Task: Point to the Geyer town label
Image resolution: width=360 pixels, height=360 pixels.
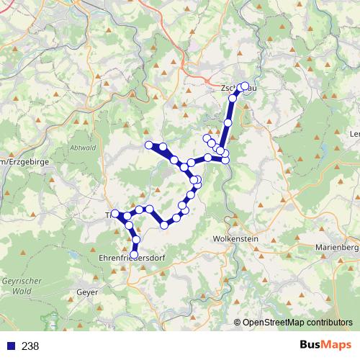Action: [87, 292]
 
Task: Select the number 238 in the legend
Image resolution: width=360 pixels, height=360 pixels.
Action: [30, 346]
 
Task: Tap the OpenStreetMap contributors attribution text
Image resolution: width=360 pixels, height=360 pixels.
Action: [297, 323]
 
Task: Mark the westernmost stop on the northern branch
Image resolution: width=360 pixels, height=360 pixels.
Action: [150, 145]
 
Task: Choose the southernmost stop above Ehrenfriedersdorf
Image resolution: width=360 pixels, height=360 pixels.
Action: [134, 254]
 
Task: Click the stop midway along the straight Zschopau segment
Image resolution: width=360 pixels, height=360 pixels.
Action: [228, 123]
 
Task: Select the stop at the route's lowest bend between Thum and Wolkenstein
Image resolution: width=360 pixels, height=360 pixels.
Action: [164, 225]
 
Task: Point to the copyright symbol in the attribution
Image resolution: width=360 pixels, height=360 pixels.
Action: [238, 323]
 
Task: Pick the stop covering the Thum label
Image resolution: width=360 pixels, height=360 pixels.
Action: [115, 214]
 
